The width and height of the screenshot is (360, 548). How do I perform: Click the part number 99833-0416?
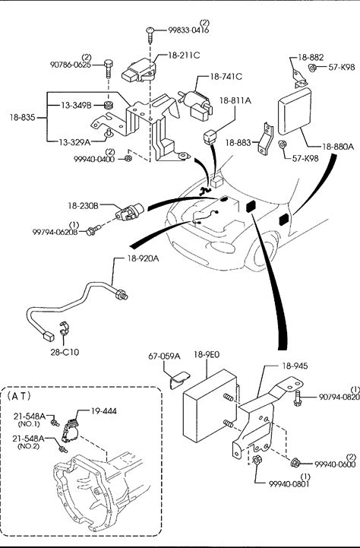click(188, 30)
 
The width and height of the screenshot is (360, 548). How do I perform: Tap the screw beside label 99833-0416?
click(150, 35)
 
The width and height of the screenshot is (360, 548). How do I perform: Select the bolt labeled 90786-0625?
click(109, 69)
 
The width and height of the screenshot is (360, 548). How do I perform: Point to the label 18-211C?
click(184, 55)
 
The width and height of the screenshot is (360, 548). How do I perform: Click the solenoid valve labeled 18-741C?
click(196, 103)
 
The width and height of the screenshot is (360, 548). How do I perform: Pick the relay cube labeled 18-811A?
click(210, 136)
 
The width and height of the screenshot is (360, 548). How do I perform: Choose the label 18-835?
click(22, 117)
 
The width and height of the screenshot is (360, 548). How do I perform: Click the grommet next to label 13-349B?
click(109, 104)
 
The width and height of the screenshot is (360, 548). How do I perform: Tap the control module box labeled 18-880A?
click(295, 111)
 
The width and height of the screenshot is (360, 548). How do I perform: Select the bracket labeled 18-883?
click(266, 138)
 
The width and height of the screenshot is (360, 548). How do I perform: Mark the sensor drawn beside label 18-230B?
click(129, 212)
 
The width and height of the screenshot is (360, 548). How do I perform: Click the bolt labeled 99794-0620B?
click(93, 230)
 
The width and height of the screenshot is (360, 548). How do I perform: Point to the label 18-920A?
click(143, 258)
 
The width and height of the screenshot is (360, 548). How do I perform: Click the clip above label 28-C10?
click(65, 328)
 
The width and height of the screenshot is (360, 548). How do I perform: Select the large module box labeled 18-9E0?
click(210, 405)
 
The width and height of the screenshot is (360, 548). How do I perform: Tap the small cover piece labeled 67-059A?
click(179, 380)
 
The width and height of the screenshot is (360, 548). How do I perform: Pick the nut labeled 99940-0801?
click(257, 460)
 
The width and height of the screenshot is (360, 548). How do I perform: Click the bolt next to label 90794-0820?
click(298, 398)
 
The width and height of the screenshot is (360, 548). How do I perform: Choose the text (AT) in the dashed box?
click(19, 396)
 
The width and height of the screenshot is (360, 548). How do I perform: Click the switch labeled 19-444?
click(71, 429)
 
